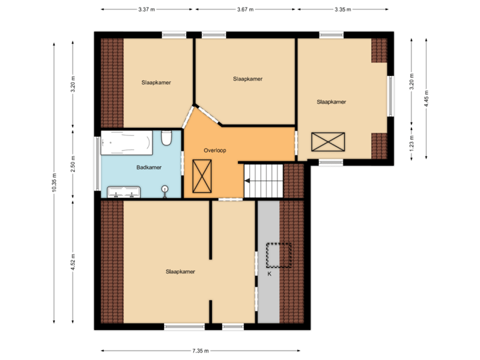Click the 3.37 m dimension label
click(x=146, y=10)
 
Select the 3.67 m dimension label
click(x=245, y=10)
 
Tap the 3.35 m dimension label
click(x=343, y=10)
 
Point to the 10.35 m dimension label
click(x=54, y=182)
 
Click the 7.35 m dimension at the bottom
click(x=201, y=351)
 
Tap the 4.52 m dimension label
click(x=73, y=262)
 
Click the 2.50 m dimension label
click(x=73, y=164)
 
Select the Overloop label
click(x=215, y=151)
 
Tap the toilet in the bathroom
click(x=167, y=137)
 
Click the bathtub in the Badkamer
click(x=127, y=142)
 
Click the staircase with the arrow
click(x=263, y=181)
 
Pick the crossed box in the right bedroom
click(x=329, y=142)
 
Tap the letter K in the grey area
click(x=269, y=273)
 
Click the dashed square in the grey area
click(x=279, y=255)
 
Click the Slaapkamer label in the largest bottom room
click(x=180, y=271)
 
